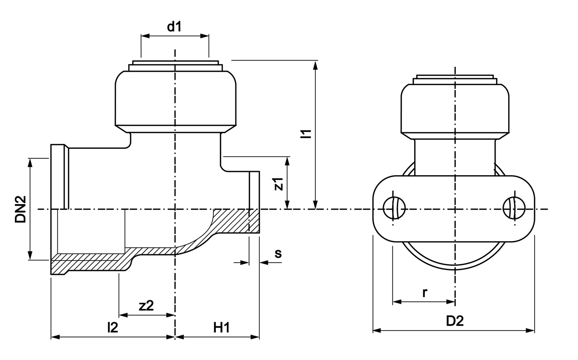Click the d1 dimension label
pyautogui.click(x=174, y=26)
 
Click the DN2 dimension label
pyautogui.click(x=21, y=209)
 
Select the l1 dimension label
pyautogui.click(x=306, y=134)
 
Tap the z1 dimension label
pyautogui.click(x=279, y=184)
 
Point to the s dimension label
pyautogui.click(x=278, y=254)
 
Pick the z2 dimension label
pyautogui.click(x=146, y=306)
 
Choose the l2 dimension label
pyautogui.click(x=113, y=327)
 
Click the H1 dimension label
pyautogui.click(x=222, y=328)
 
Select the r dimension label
pyautogui.click(x=425, y=293)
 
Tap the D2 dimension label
pyautogui.click(x=455, y=321)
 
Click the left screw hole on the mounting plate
pyautogui.click(x=394, y=208)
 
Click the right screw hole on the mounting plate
pyautogui.click(x=514, y=208)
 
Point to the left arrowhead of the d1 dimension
pyautogui.click(x=145, y=36)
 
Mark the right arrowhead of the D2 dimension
pyautogui.click(x=530, y=331)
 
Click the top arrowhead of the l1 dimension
pyautogui.click(x=315, y=65)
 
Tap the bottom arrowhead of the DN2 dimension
pyautogui.click(x=30, y=255)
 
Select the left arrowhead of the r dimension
pyautogui.click(x=397, y=302)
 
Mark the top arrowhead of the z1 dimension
pyautogui.click(x=287, y=161)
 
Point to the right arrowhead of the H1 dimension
pyautogui.click(x=255, y=337)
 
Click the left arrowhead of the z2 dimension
pyautogui.click(x=123, y=315)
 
